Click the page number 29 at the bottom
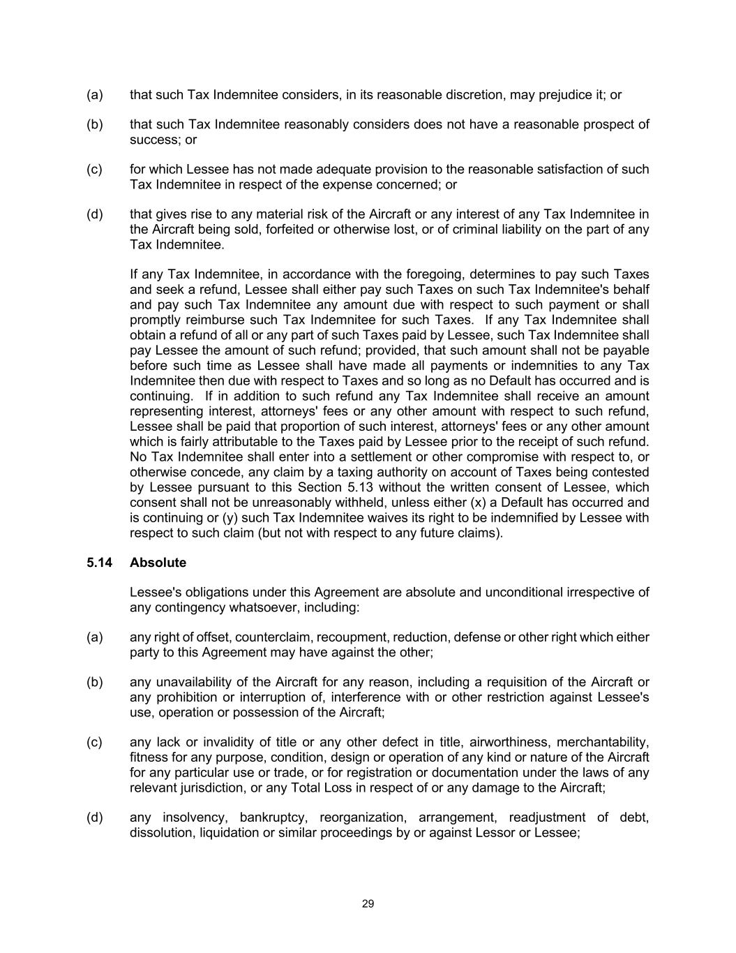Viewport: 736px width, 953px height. (368, 904)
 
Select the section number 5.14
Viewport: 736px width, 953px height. (99, 563)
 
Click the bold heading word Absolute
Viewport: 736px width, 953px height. (158, 563)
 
